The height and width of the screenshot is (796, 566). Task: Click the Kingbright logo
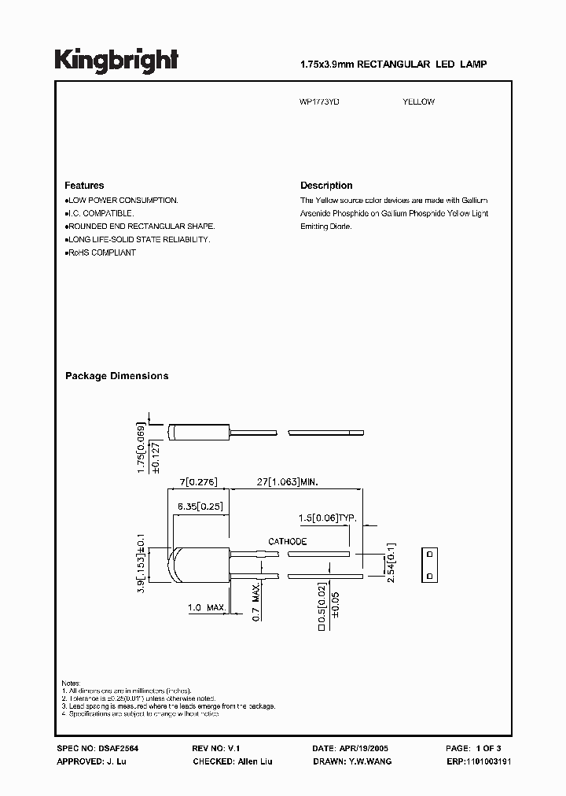tap(116, 61)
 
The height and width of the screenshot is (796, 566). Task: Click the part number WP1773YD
tap(321, 101)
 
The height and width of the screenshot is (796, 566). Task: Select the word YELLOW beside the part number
tap(418, 101)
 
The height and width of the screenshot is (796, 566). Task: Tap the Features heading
tap(84, 186)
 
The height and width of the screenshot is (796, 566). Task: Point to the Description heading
tap(326, 186)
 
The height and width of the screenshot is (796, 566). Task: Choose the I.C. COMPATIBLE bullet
tap(100, 213)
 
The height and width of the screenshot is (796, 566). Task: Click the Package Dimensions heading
tap(116, 376)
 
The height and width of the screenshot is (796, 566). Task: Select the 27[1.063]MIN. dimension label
tap(289, 481)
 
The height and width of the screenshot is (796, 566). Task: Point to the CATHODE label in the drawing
tap(288, 542)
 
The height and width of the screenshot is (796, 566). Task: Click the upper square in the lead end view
tap(430, 554)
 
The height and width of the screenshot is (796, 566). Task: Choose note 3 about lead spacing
tap(168, 706)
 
